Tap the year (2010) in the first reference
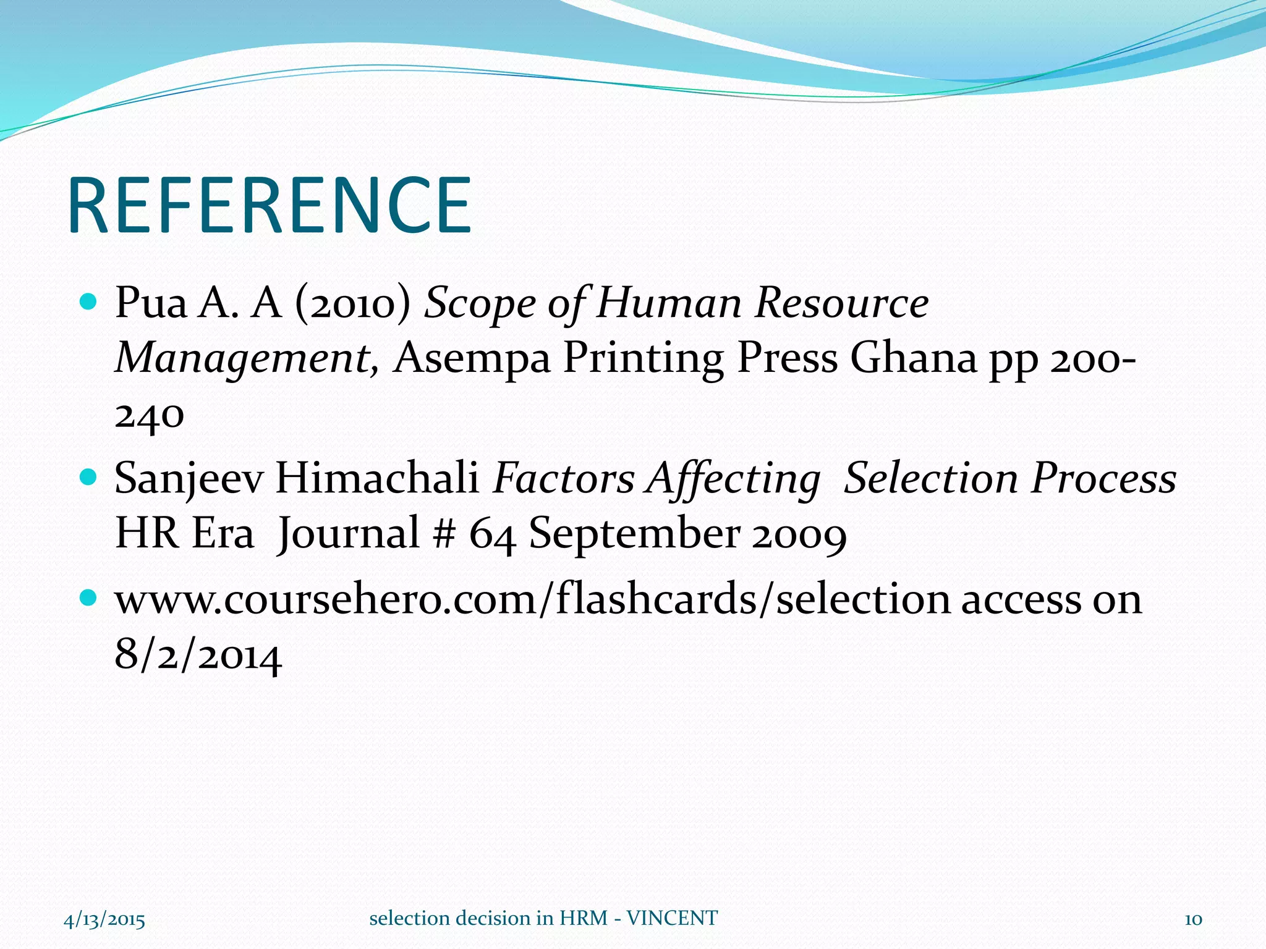click(x=353, y=303)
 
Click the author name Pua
click(x=151, y=303)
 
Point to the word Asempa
click(x=472, y=358)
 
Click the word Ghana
click(x=913, y=358)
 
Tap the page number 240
click(x=150, y=415)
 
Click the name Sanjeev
click(x=189, y=479)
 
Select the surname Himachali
click(x=377, y=479)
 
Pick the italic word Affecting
click(x=733, y=479)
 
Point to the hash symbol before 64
click(x=444, y=533)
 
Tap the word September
click(x=634, y=533)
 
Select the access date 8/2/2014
click(x=198, y=655)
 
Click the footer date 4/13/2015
click(x=104, y=919)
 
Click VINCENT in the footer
click(x=672, y=918)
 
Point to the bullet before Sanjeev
click(x=89, y=477)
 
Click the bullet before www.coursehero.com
click(x=89, y=597)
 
